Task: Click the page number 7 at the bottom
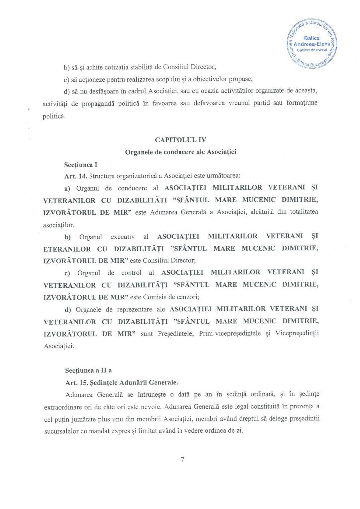[x=183, y=460]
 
